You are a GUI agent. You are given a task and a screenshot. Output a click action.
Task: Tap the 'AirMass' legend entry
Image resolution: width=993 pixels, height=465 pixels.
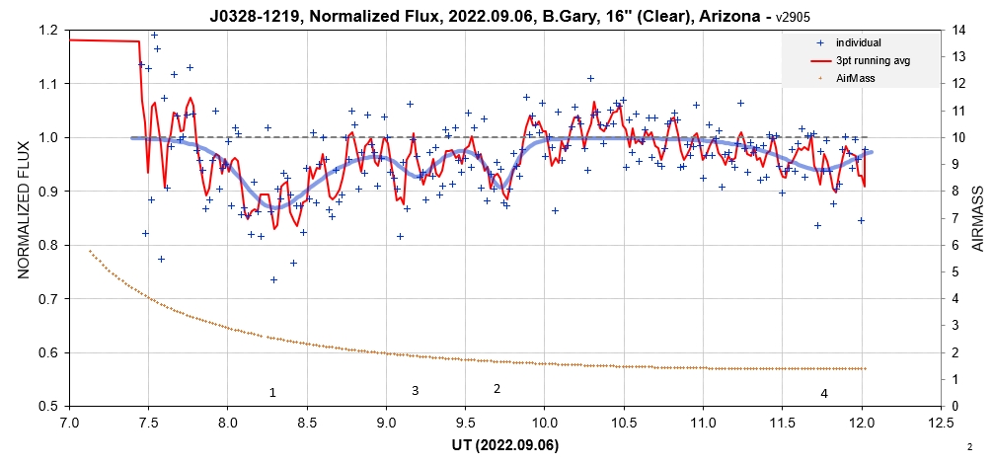click(x=855, y=78)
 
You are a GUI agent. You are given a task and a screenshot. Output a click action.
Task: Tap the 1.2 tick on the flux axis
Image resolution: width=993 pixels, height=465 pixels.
click(x=47, y=30)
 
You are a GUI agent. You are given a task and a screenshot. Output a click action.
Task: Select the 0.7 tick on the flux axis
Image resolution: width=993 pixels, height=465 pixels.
click(x=47, y=298)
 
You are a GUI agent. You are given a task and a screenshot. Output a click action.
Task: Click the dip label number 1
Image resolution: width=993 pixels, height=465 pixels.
click(x=272, y=393)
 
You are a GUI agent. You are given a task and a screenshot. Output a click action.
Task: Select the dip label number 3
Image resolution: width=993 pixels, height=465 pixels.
click(x=415, y=391)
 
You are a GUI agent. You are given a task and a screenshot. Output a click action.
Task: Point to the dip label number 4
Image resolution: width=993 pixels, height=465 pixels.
click(x=823, y=394)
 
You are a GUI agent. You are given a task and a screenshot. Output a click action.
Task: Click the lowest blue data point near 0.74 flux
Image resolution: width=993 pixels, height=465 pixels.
click(x=273, y=279)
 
